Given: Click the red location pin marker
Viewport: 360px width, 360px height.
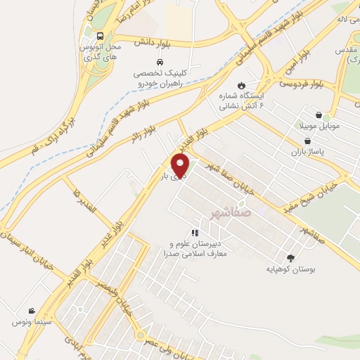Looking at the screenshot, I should pos(181,166).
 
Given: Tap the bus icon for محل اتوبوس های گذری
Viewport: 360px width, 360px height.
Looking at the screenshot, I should pos(101,36).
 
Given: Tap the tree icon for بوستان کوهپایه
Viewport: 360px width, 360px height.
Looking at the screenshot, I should pos(290,259).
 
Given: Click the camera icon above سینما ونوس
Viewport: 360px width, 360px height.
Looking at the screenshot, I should pos(31,311).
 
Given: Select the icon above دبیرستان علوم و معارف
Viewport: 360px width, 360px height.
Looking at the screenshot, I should pos(195,232).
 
